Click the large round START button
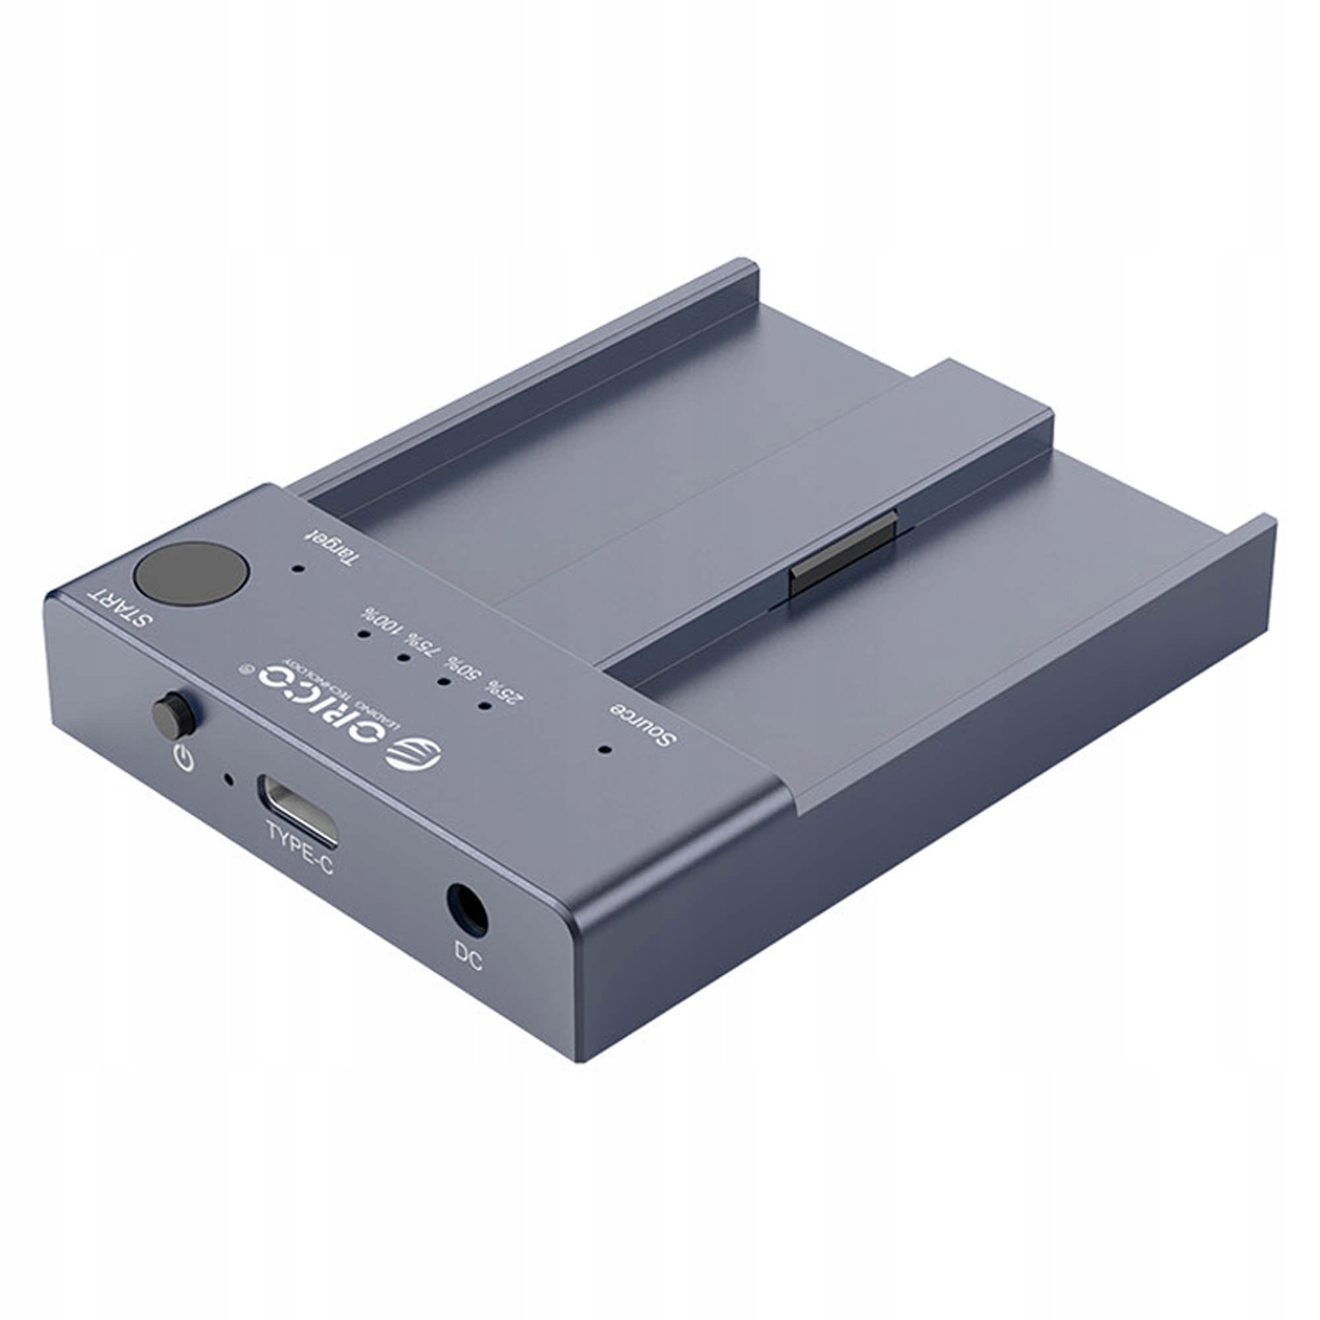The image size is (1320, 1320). [191, 574]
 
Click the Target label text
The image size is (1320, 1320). [331, 548]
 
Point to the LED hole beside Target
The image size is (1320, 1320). [297, 567]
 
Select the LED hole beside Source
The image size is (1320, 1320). [603, 750]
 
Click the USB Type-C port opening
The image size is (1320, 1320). [297, 809]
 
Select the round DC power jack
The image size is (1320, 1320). [467, 909]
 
